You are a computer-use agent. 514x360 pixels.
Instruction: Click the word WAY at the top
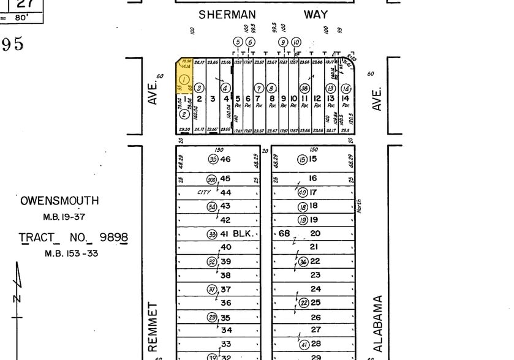(316, 14)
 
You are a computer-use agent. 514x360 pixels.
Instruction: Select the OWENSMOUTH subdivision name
(59, 201)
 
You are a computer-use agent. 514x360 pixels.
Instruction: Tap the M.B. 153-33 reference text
(70, 253)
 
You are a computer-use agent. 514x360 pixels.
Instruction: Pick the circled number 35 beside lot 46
(213, 159)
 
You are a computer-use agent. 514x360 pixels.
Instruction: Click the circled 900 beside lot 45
(212, 179)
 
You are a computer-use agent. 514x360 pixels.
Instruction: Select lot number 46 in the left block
(225, 159)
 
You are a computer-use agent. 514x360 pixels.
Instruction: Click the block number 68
(284, 233)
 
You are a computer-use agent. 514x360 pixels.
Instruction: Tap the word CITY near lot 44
(203, 192)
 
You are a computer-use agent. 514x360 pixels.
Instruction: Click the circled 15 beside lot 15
(302, 160)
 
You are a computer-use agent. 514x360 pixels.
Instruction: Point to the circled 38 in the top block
(304, 88)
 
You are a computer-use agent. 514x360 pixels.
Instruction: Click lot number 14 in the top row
(346, 99)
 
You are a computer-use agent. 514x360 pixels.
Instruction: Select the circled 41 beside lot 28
(303, 345)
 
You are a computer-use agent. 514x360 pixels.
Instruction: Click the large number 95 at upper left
(13, 43)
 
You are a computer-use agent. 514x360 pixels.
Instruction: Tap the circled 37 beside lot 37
(212, 290)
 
